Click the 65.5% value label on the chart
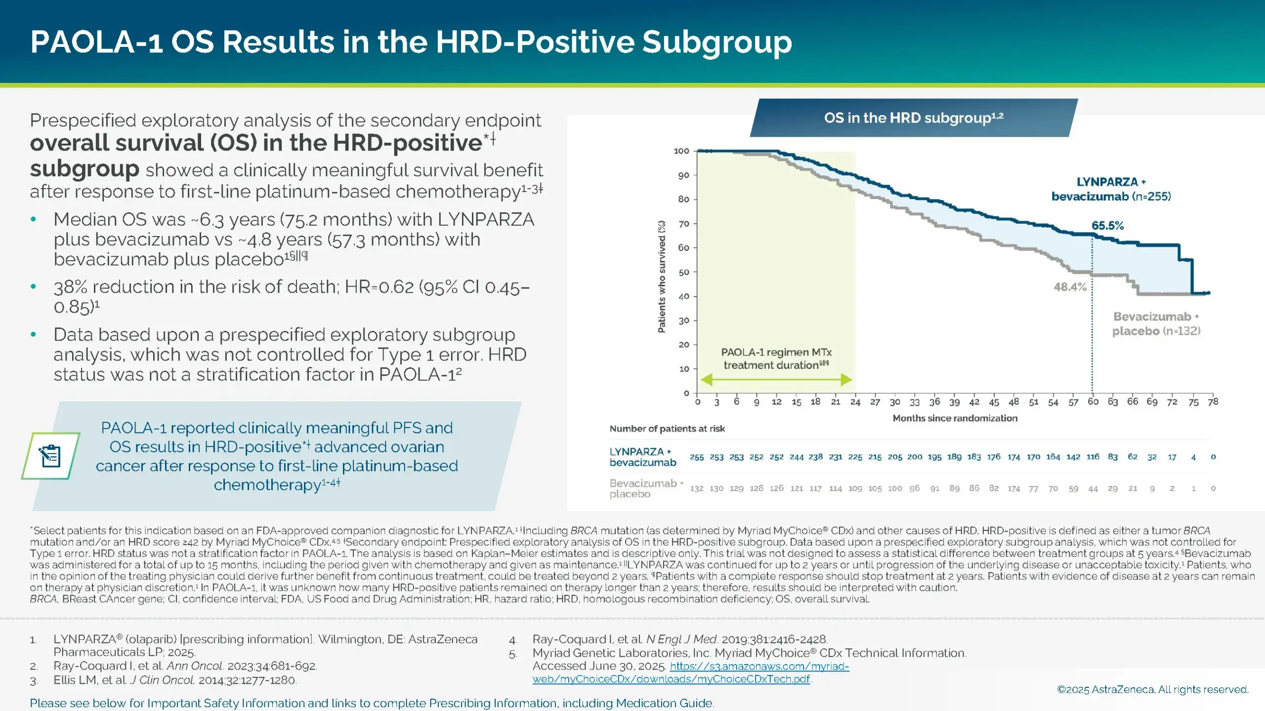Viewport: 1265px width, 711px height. tap(1107, 226)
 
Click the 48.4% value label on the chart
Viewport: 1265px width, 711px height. tap(1070, 287)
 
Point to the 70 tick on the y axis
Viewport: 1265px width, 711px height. tap(684, 224)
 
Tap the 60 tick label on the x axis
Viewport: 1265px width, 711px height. tap(1093, 402)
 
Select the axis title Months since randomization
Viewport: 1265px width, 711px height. tap(955, 418)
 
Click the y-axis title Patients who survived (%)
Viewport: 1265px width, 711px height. tap(662, 276)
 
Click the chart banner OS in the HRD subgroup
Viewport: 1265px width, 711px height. tap(913, 118)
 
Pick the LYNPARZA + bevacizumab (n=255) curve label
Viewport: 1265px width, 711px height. tap(1111, 189)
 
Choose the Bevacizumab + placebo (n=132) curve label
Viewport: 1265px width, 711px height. tap(1156, 323)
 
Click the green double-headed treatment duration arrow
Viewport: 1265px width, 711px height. tap(776, 380)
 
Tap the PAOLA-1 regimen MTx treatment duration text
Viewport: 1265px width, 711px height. tap(776, 358)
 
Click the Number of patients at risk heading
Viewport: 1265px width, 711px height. tap(667, 429)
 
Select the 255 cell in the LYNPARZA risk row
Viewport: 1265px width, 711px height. tap(697, 457)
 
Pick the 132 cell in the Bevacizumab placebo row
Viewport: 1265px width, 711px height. tap(697, 488)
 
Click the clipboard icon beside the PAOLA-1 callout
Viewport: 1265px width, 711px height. tap(50, 456)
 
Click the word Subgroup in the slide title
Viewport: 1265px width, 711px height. tap(717, 42)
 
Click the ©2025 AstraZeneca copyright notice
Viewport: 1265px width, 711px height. tap(1152, 689)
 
